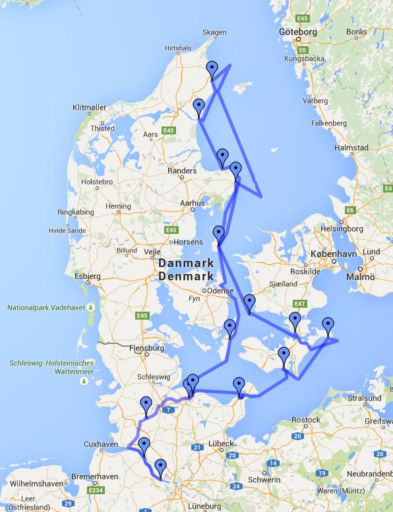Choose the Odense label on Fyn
point(221,291)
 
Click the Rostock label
point(305,420)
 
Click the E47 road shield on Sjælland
point(301,304)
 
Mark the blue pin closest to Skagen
point(212,69)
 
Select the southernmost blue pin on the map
point(160,469)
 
